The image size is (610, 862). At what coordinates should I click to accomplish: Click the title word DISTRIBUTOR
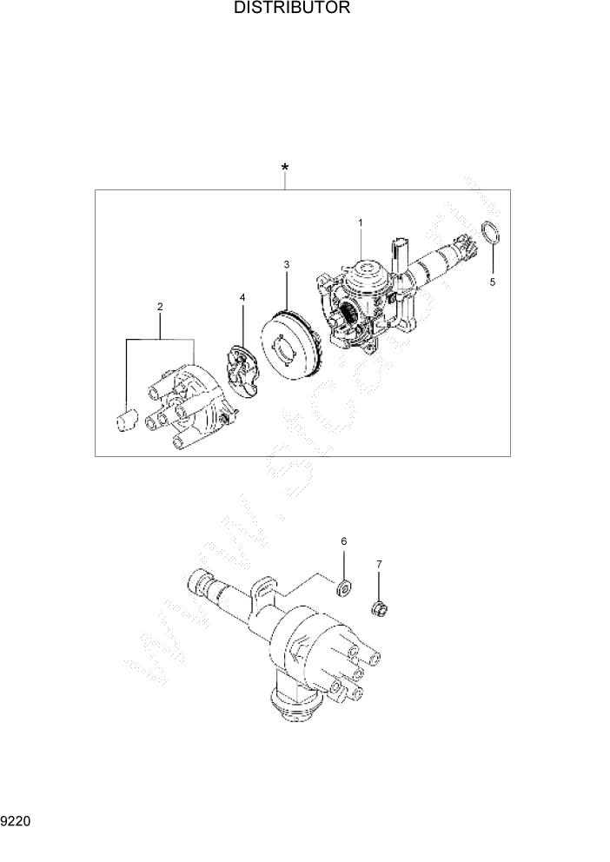point(292,10)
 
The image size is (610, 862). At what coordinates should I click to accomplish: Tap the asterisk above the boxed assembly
point(285,167)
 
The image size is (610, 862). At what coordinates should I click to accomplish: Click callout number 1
point(360,223)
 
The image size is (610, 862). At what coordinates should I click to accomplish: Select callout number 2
point(160,307)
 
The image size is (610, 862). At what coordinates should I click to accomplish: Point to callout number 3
point(286,262)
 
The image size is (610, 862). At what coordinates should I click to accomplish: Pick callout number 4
point(242,298)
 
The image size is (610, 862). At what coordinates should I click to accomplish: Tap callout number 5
point(492,282)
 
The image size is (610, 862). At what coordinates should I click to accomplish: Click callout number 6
point(343,541)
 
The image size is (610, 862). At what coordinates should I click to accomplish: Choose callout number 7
point(379,565)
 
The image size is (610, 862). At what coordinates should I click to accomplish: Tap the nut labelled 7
point(379,607)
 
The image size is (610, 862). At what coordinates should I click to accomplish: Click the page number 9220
point(16,819)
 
